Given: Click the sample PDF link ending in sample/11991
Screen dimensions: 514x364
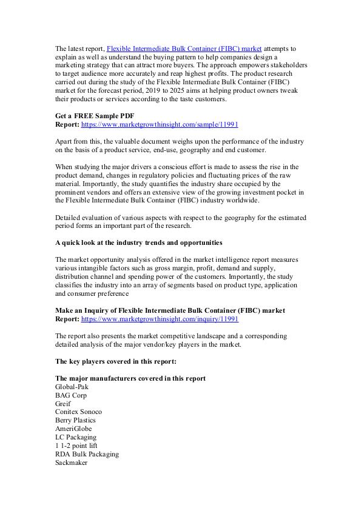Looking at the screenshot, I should [160, 124].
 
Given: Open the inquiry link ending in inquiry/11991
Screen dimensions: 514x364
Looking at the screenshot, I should [160, 318].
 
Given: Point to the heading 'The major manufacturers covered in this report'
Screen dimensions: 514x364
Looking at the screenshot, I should [130, 378].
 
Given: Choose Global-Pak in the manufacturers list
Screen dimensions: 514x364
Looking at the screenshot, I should [72, 386].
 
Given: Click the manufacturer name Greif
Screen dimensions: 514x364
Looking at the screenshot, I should [62, 403].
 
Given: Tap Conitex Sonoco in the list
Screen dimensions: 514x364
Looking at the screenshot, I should [78, 412].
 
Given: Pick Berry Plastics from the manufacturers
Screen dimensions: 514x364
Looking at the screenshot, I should [75, 420].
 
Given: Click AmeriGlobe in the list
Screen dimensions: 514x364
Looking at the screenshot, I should [73, 429].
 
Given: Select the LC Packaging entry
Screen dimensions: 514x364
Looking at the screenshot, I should [75, 437].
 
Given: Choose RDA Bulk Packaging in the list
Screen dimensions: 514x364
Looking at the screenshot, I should [87, 454].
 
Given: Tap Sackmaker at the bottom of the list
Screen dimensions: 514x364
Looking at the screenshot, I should [71, 462].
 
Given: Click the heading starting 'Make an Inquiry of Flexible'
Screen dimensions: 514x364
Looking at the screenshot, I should [170, 310].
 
